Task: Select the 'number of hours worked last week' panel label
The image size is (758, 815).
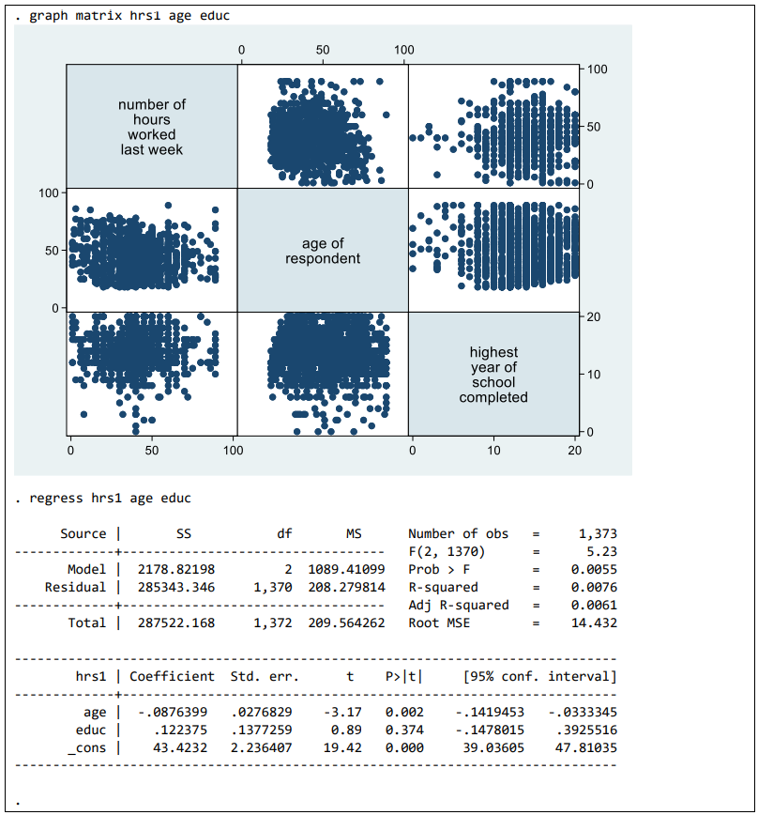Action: point(152,127)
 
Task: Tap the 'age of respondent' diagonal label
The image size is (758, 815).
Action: point(323,251)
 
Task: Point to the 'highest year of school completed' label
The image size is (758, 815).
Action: point(493,375)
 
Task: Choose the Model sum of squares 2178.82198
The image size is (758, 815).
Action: point(176,569)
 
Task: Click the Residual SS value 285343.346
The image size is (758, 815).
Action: point(176,587)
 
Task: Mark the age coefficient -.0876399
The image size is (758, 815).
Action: point(172,712)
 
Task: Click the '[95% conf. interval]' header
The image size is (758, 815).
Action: point(539,676)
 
